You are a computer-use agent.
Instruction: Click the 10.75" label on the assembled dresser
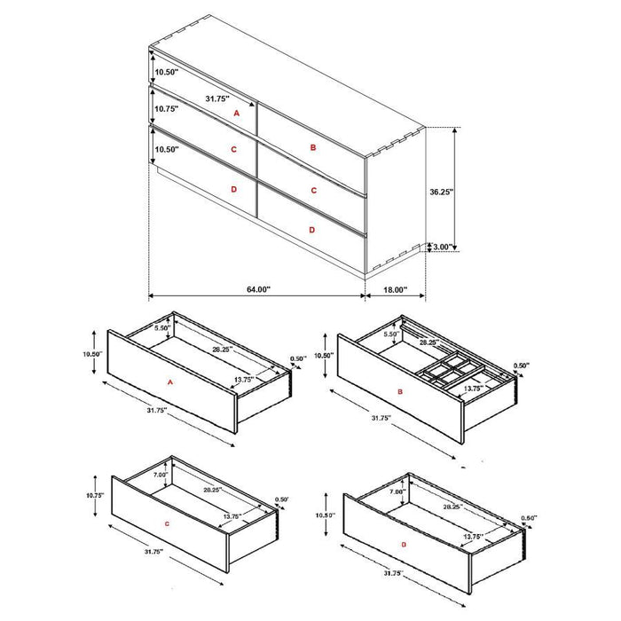[x=166, y=109]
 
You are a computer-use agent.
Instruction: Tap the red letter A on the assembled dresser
[x=236, y=114]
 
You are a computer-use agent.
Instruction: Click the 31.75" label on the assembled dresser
[x=217, y=98]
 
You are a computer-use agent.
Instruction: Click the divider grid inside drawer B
[x=449, y=370]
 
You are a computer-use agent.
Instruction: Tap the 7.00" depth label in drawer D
[x=396, y=491]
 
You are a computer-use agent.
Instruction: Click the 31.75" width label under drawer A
[x=136, y=410]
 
